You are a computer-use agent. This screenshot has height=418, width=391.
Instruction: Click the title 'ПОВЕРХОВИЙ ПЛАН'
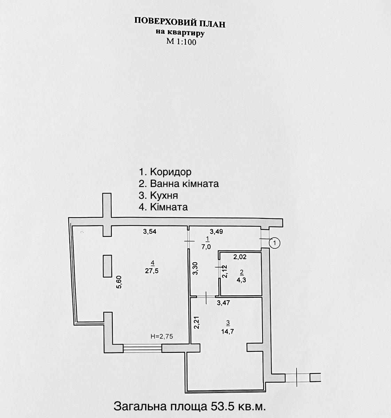(180, 23)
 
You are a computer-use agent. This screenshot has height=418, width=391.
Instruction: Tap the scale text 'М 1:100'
(181, 41)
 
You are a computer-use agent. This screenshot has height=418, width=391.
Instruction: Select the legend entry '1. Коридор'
(165, 172)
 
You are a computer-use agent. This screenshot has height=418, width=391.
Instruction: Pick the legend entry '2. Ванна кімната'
(179, 184)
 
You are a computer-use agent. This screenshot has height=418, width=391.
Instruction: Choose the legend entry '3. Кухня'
(158, 195)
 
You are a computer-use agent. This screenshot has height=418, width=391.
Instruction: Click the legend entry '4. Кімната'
(163, 207)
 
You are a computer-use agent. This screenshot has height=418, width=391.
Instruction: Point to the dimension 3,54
(150, 232)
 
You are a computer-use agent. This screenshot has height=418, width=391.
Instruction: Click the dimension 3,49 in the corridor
(216, 232)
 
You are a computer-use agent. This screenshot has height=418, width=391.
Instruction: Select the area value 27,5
(151, 271)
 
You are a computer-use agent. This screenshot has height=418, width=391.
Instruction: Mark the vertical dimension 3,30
(196, 268)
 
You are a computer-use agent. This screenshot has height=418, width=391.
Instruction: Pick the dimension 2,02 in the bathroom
(240, 257)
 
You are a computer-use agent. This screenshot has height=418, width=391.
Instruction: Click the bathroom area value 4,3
(241, 280)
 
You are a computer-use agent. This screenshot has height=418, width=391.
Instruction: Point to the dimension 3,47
(224, 303)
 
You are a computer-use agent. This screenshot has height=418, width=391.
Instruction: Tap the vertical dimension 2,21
(196, 322)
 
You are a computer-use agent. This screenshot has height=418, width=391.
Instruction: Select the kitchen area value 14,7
(228, 332)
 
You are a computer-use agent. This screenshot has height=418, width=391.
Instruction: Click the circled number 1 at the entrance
(275, 243)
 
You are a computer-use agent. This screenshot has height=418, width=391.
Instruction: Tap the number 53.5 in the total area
(222, 407)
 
